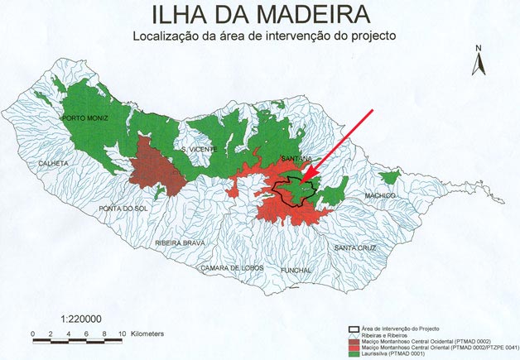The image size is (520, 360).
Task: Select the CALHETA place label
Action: (x=53, y=163)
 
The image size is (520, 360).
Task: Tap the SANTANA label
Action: (x=296, y=158)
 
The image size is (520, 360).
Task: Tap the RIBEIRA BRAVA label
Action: (x=178, y=242)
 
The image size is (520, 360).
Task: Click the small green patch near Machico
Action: (x=388, y=178)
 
